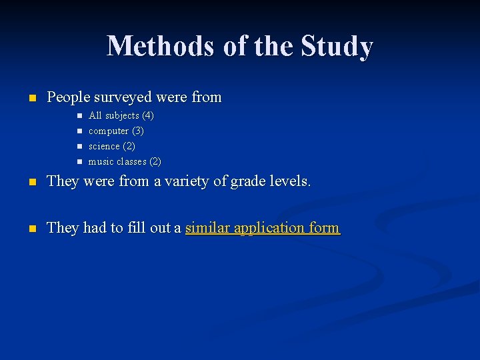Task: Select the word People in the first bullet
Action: tap(68, 97)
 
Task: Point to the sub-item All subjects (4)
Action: tap(121, 115)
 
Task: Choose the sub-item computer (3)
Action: tap(116, 131)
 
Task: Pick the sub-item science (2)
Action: tap(111, 146)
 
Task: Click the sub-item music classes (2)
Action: tap(125, 161)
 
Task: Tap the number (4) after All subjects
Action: tap(147, 115)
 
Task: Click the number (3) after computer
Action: tap(137, 131)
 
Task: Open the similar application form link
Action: tap(262, 228)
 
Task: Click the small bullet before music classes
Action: tap(78, 161)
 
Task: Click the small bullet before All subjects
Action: tap(78, 115)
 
